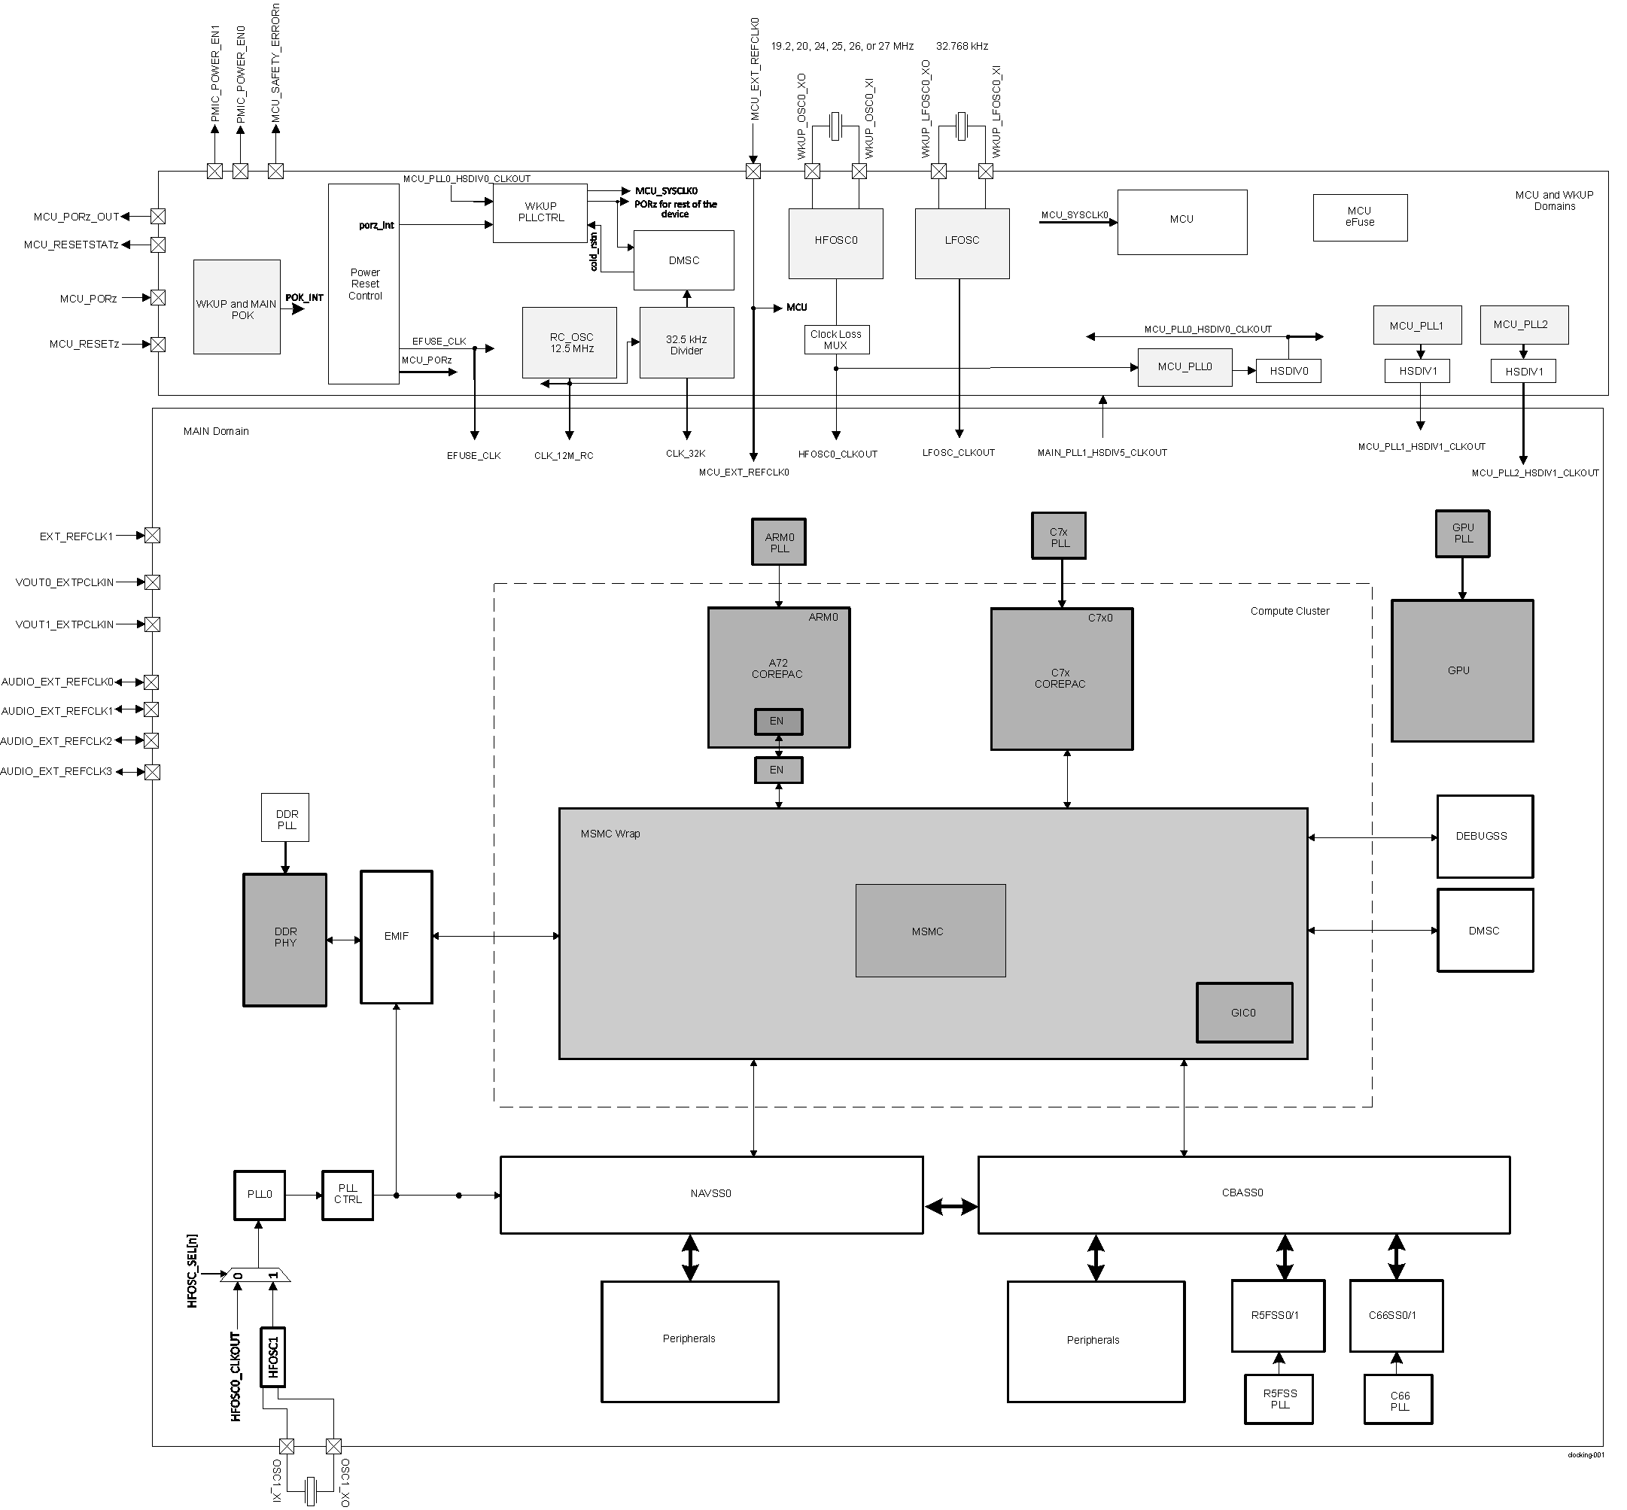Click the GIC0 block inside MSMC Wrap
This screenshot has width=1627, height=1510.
[1244, 1013]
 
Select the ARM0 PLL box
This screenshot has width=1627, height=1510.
[779, 542]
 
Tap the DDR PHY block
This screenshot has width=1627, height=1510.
[284, 939]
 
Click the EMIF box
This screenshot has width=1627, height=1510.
[397, 937]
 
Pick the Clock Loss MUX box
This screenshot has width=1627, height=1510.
[836, 339]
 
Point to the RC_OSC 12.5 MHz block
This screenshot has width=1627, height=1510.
[570, 342]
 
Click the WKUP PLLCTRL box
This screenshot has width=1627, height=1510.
[540, 212]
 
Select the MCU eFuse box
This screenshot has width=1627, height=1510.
[1360, 217]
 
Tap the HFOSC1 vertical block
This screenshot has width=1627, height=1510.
[273, 1357]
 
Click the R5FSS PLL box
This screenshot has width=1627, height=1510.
[1279, 1399]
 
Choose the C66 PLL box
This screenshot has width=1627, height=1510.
[1398, 1400]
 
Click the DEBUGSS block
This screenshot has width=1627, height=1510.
[1484, 836]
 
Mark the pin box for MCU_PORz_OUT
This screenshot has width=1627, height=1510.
[159, 217]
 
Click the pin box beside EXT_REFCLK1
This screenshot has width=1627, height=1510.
[152, 536]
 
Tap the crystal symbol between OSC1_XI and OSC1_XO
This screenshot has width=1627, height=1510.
[311, 1490]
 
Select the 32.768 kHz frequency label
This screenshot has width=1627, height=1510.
[962, 47]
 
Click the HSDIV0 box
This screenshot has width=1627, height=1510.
[1288, 371]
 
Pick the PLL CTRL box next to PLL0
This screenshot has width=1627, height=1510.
[348, 1195]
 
